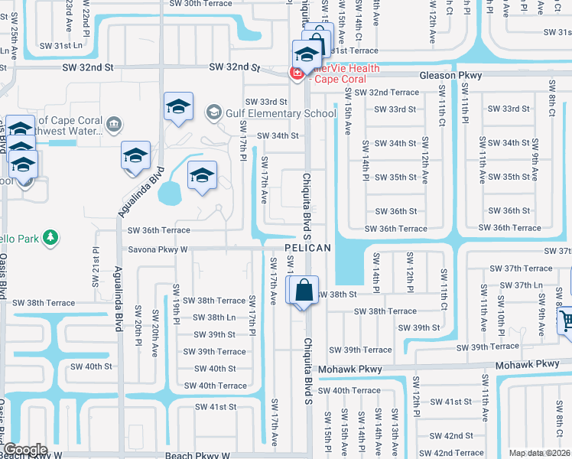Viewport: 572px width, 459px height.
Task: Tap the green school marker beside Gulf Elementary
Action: [213, 114]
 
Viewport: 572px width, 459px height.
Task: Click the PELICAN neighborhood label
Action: [308, 248]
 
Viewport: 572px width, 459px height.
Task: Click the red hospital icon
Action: [294, 73]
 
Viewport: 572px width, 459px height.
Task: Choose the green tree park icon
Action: [51, 238]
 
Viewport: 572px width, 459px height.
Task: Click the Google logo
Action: [25, 450]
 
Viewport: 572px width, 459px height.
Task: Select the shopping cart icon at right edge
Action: [567, 321]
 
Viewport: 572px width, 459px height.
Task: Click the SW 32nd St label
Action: [236, 67]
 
